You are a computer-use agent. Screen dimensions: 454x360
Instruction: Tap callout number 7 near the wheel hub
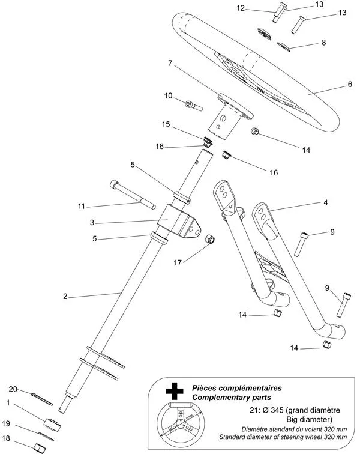(x=170, y=63)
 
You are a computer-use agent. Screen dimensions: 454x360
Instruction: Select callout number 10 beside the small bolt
(x=169, y=95)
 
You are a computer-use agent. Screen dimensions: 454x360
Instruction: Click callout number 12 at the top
(x=241, y=8)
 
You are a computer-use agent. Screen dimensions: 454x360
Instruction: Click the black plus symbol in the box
(x=175, y=392)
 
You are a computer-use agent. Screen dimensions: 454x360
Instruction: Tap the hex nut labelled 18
(x=40, y=447)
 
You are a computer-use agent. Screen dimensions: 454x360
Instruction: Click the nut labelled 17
(x=211, y=240)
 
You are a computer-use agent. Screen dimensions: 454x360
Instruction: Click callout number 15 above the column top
(x=166, y=124)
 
